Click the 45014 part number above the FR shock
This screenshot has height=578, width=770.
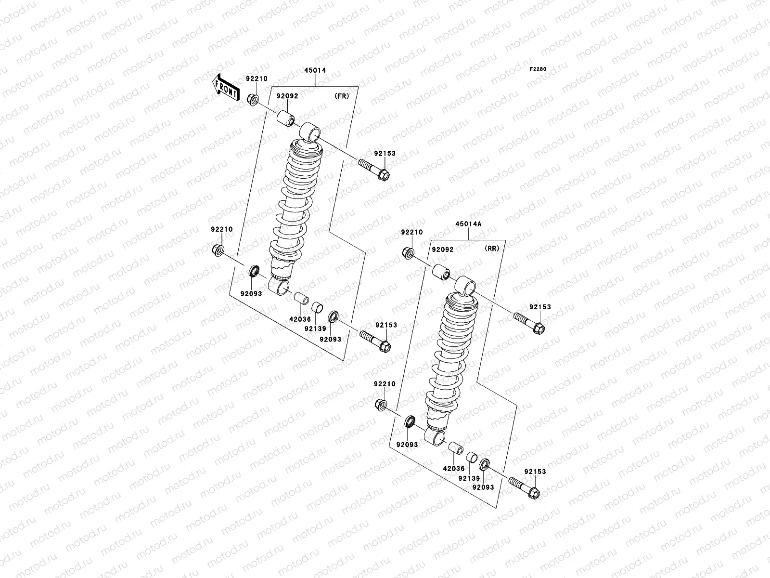point(315,70)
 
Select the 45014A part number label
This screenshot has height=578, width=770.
point(469,224)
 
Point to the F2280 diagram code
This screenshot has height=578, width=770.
point(538,69)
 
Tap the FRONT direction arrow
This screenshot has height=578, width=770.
point(226,87)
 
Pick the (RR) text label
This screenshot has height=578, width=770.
point(491,249)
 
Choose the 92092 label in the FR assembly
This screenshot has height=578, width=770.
point(287,96)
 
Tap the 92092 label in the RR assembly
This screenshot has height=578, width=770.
point(442,250)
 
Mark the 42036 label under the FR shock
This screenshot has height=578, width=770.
point(299,318)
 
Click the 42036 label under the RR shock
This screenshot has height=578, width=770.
point(454,469)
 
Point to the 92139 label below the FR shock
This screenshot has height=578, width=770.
point(315,328)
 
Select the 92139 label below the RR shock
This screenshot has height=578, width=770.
point(470,478)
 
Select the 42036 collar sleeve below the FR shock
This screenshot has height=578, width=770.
point(301,299)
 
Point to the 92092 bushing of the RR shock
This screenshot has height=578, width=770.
point(440,271)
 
